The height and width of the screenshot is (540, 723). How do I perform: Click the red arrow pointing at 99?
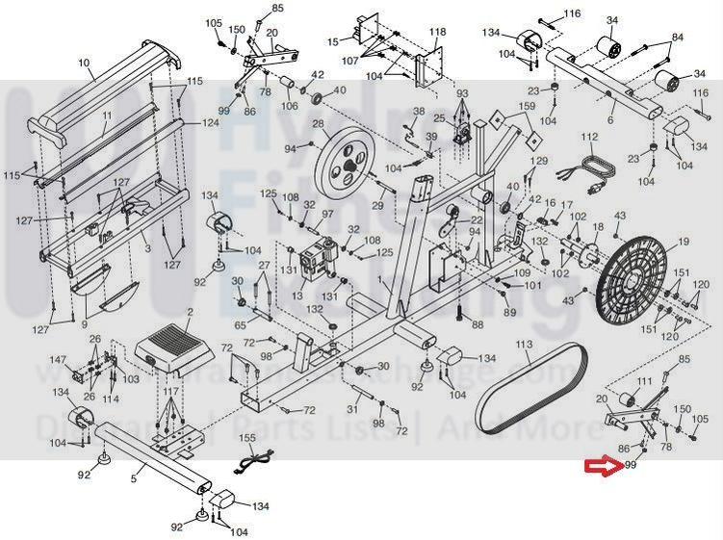pos(604,468)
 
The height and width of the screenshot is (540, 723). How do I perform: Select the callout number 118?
pos(438,32)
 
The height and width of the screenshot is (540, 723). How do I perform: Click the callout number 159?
pos(526,107)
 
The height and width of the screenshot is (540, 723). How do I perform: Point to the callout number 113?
pos(523,344)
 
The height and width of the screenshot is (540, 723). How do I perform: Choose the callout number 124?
pos(210,123)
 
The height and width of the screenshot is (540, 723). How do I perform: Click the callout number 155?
pos(246,438)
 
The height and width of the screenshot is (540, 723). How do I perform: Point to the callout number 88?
pos(477,325)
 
